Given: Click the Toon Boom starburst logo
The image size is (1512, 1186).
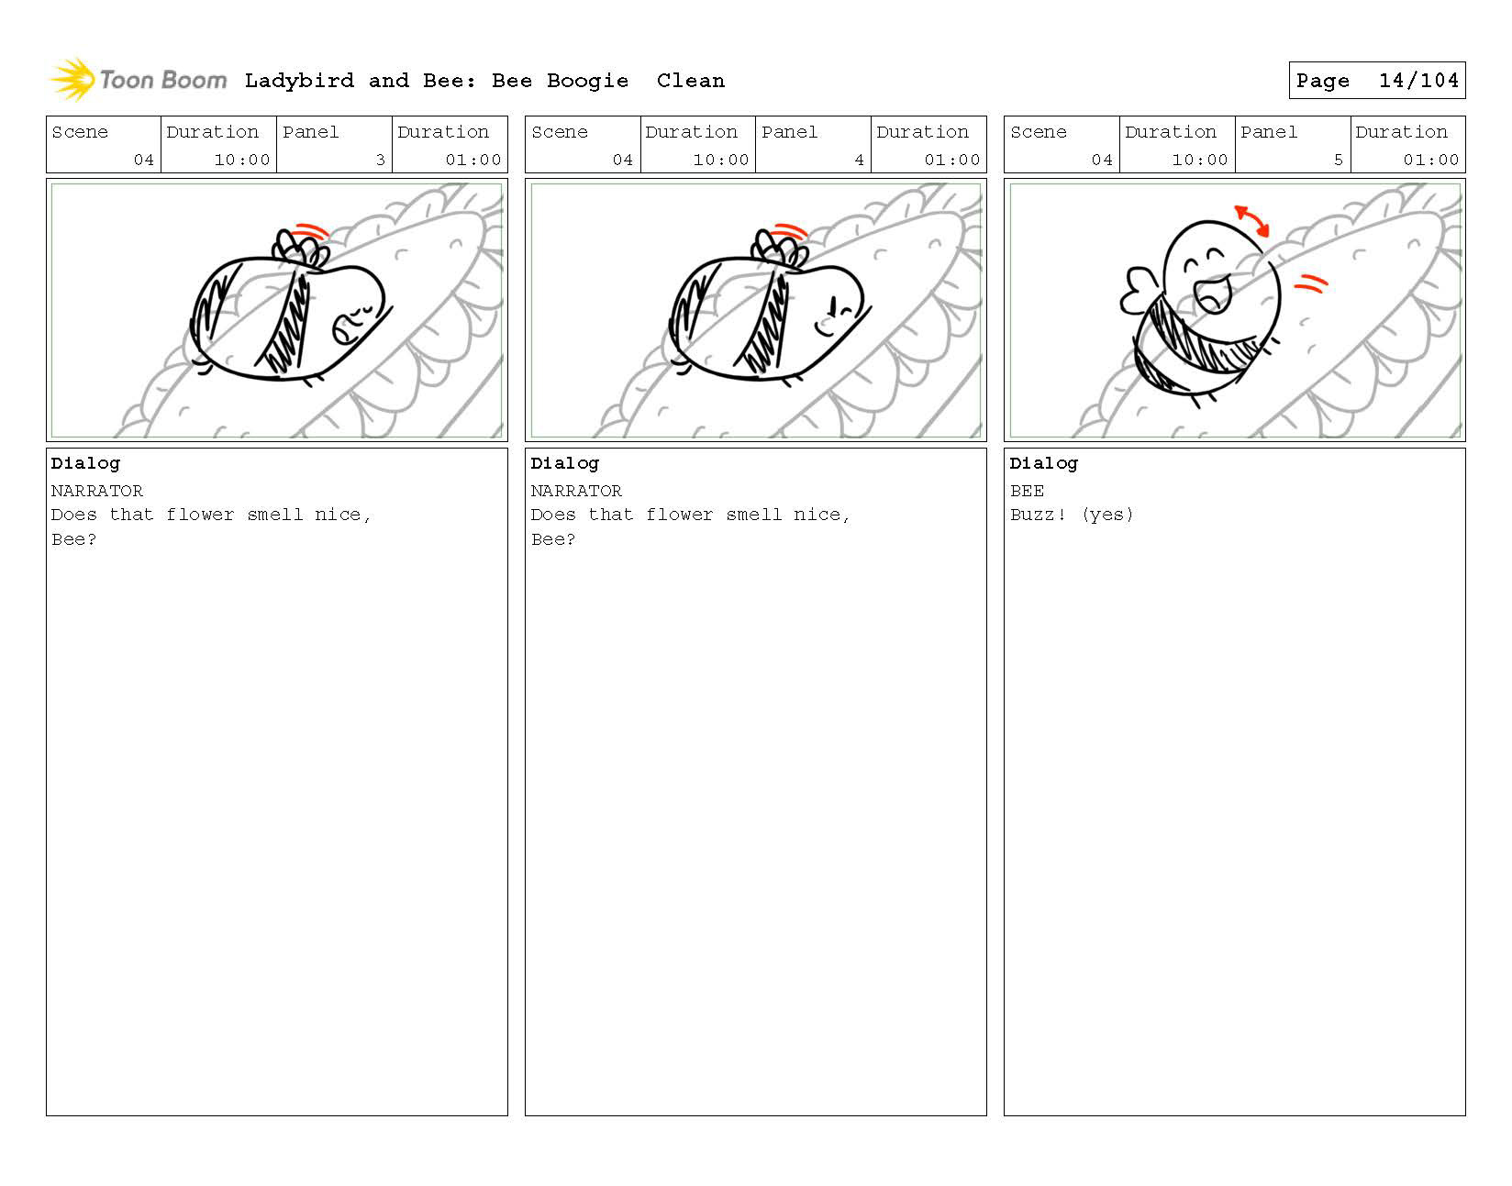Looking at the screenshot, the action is point(73,79).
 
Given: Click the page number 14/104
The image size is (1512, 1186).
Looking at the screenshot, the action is point(1418,81).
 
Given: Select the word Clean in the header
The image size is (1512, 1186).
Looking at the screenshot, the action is point(690,81).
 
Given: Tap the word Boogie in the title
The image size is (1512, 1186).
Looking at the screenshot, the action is point(587,82).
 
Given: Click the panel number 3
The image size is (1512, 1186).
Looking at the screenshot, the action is point(380,160).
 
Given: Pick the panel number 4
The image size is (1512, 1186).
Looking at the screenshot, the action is point(859,160).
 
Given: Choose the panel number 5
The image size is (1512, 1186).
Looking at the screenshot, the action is point(1338,160).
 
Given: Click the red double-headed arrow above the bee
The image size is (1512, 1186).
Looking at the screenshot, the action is point(1251,220).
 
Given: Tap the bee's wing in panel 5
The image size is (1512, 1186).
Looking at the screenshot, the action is point(1138,291).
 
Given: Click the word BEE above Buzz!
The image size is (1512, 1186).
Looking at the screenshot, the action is point(1027,491).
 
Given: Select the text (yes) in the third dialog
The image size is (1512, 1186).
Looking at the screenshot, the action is point(1107,515).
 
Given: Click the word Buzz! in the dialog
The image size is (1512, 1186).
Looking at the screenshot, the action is point(1038,515).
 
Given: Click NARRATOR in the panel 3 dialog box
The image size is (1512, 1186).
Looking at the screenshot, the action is point(96,491).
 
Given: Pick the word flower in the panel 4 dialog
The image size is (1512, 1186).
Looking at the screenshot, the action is point(679,515).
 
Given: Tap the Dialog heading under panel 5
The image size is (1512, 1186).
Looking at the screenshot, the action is point(1044,463).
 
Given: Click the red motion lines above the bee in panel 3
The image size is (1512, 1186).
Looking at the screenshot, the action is point(310,230).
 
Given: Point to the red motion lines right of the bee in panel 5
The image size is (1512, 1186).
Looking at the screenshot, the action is point(1311,283).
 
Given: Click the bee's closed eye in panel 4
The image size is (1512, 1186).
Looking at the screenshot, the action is point(845,309).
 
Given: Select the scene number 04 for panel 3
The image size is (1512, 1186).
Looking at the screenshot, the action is point(143,160).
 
